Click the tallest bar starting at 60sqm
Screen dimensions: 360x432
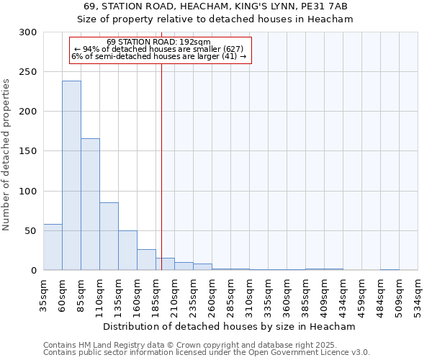(71, 175)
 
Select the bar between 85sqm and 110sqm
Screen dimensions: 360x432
(90, 204)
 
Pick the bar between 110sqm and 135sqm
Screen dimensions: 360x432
(109, 236)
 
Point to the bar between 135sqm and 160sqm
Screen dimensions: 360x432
(127, 250)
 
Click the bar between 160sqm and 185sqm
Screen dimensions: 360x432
(146, 259)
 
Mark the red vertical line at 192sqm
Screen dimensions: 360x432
(161, 166)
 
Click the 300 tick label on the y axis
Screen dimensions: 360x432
(28, 32)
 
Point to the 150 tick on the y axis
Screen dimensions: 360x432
(28, 151)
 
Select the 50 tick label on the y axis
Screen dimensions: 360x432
(31, 231)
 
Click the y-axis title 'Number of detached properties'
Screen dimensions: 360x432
(6, 154)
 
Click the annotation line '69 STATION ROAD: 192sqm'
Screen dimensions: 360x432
(158, 42)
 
